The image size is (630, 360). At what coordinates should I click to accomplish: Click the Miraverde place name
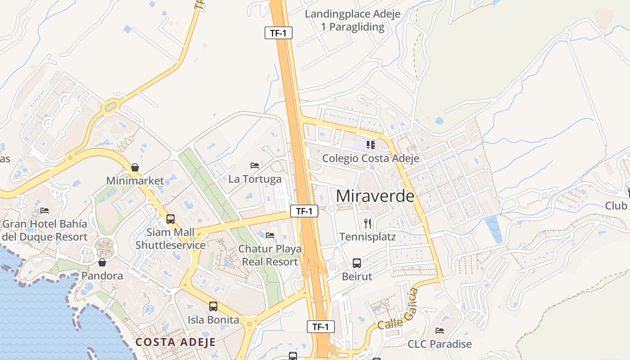click(x=375, y=196)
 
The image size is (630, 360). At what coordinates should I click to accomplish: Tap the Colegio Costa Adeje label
click(x=370, y=158)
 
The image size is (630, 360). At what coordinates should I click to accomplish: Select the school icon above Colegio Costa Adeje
click(x=371, y=145)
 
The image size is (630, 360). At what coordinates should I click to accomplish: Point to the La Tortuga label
click(x=255, y=179)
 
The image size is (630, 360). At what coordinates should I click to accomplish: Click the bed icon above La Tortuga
click(x=255, y=166)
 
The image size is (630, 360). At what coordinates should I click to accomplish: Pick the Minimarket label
click(x=135, y=181)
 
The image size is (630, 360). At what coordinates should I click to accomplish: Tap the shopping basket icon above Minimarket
click(x=135, y=168)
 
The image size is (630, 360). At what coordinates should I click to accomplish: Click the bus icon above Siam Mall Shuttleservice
click(x=171, y=219)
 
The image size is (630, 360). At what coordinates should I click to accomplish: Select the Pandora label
click(x=102, y=276)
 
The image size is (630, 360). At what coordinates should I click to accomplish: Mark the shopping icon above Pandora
click(x=102, y=262)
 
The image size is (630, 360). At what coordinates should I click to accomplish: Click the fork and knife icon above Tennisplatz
click(x=368, y=223)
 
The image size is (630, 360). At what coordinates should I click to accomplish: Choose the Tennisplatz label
click(x=368, y=237)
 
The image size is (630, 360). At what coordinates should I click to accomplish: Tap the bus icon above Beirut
click(x=357, y=263)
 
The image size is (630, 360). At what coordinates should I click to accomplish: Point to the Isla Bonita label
click(x=213, y=320)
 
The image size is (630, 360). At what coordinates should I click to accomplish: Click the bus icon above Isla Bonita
click(x=213, y=306)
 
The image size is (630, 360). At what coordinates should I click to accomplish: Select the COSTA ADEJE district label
click(x=175, y=342)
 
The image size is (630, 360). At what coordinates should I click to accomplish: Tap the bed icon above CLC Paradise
click(x=440, y=331)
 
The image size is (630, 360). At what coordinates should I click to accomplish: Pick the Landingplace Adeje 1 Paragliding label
click(x=353, y=20)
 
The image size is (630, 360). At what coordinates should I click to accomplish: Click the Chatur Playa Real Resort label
click(x=270, y=255)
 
